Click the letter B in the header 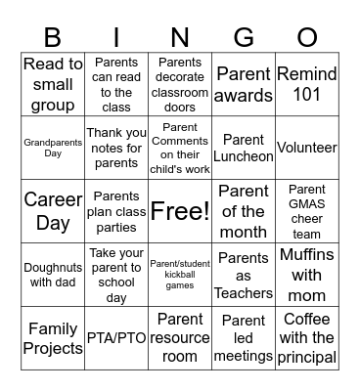(53, 37)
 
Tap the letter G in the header (244, 37)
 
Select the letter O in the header (306, 37)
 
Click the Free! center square (180, 210)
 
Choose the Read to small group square (53, 85)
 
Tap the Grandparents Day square (53, 148)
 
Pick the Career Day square (53, 210)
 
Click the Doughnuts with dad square (53, 275)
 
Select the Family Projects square (53, 338)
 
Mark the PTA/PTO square (116, 338)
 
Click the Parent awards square (244, 85)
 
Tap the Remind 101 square (306, 85)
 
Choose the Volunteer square (306, 148)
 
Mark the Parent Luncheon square (244, 148)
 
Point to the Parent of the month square (244, 210)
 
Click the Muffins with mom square (306, 275)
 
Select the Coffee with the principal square (306, 338)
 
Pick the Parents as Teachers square (244, 275)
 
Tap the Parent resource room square (180, 338)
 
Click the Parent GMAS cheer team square (306, 210)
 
